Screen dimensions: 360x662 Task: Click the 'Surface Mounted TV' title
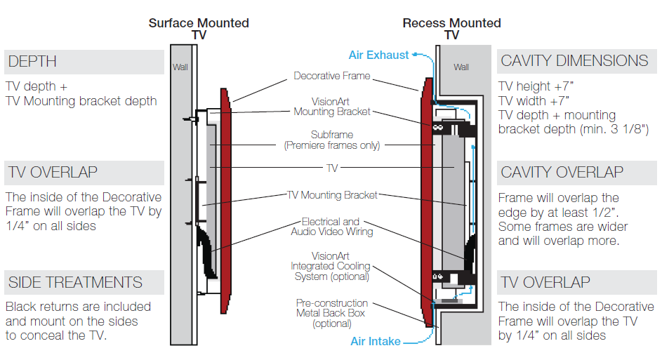point(199,29)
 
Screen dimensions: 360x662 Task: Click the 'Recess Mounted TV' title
point(451,29)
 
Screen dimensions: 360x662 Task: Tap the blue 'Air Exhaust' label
point(378,55)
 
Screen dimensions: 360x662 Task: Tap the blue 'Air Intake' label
point(376,342)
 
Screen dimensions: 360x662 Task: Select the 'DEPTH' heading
point(32,62)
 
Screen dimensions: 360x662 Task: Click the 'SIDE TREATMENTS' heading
point(75,283)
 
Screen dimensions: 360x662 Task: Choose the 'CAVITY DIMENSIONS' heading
point(574,61)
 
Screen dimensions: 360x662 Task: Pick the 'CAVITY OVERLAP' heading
point(562,172)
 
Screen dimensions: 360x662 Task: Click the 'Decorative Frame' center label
point(332,76)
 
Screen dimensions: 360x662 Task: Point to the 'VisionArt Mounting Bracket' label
point(332,107)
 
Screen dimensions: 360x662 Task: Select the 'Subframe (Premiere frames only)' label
point(332,140)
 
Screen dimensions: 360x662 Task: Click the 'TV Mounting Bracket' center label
point(332,195)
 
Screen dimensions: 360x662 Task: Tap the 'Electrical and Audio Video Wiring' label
point(332,227)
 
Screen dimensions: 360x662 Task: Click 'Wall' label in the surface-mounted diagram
point(180,68)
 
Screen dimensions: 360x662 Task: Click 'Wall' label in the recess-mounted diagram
point(461,67)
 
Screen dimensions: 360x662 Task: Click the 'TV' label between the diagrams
point(332,169)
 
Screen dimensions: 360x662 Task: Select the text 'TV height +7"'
point(534,86)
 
